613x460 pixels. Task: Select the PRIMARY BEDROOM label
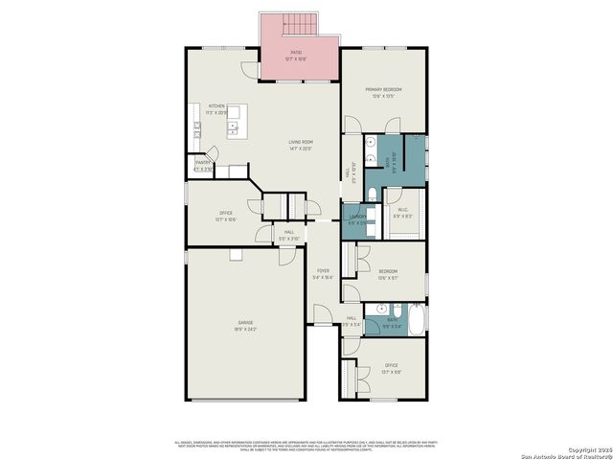click(383, 91)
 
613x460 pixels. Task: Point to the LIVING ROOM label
click(302, 145)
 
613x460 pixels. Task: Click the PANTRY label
click(203, 165)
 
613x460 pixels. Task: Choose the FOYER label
click(324, 273)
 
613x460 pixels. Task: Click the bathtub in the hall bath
click(417, 319)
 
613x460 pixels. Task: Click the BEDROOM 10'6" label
click(387, 274)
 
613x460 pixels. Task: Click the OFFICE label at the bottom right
click(391, 367)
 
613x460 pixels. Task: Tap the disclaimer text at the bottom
click(306, 444)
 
